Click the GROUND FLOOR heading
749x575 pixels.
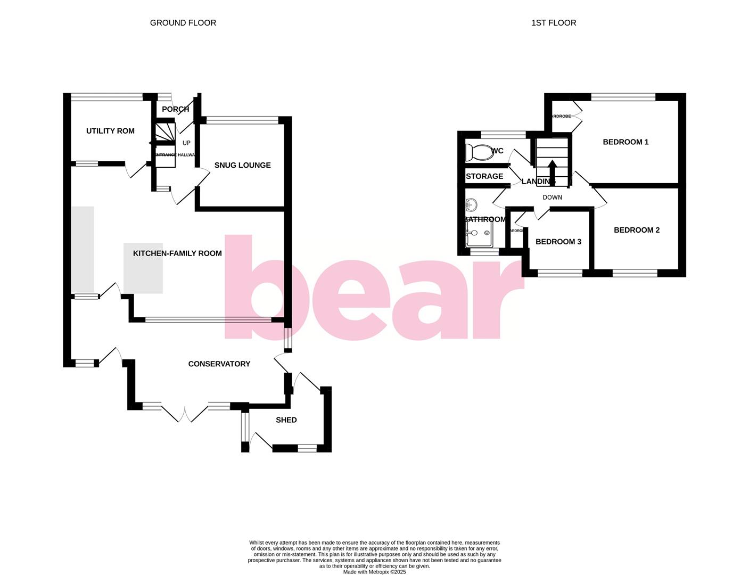(x=183, y=23)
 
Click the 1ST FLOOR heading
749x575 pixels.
(x=553, y=23)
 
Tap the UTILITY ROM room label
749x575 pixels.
(x=110, y=131)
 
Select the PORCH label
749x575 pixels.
(x=175, y=109)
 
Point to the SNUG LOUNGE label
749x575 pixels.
(x=242, y=165)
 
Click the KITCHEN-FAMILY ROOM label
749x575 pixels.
(x=177, y=253)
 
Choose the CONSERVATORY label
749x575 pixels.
(x=219, y=364)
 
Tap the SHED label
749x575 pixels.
(x=286, y=420)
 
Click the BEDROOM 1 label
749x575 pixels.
(x=625, y=142)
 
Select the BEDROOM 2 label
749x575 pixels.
(x=637, y=230)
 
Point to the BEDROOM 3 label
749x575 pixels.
(x=558, y=242)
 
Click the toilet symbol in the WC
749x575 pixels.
(x=479, y=152)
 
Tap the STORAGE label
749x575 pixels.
(x=484, y=176)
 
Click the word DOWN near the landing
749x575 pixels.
(x=552, y=198)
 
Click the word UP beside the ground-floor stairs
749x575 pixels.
(x=186, y=143)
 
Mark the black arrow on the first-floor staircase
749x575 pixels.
(x=552, y=171)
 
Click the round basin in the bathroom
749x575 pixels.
(x=471, y=204)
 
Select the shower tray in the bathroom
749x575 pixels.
(x=480, y=235)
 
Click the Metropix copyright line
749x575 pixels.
(x=374, y=572)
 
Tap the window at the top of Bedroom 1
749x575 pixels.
(x=623, y=97)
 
